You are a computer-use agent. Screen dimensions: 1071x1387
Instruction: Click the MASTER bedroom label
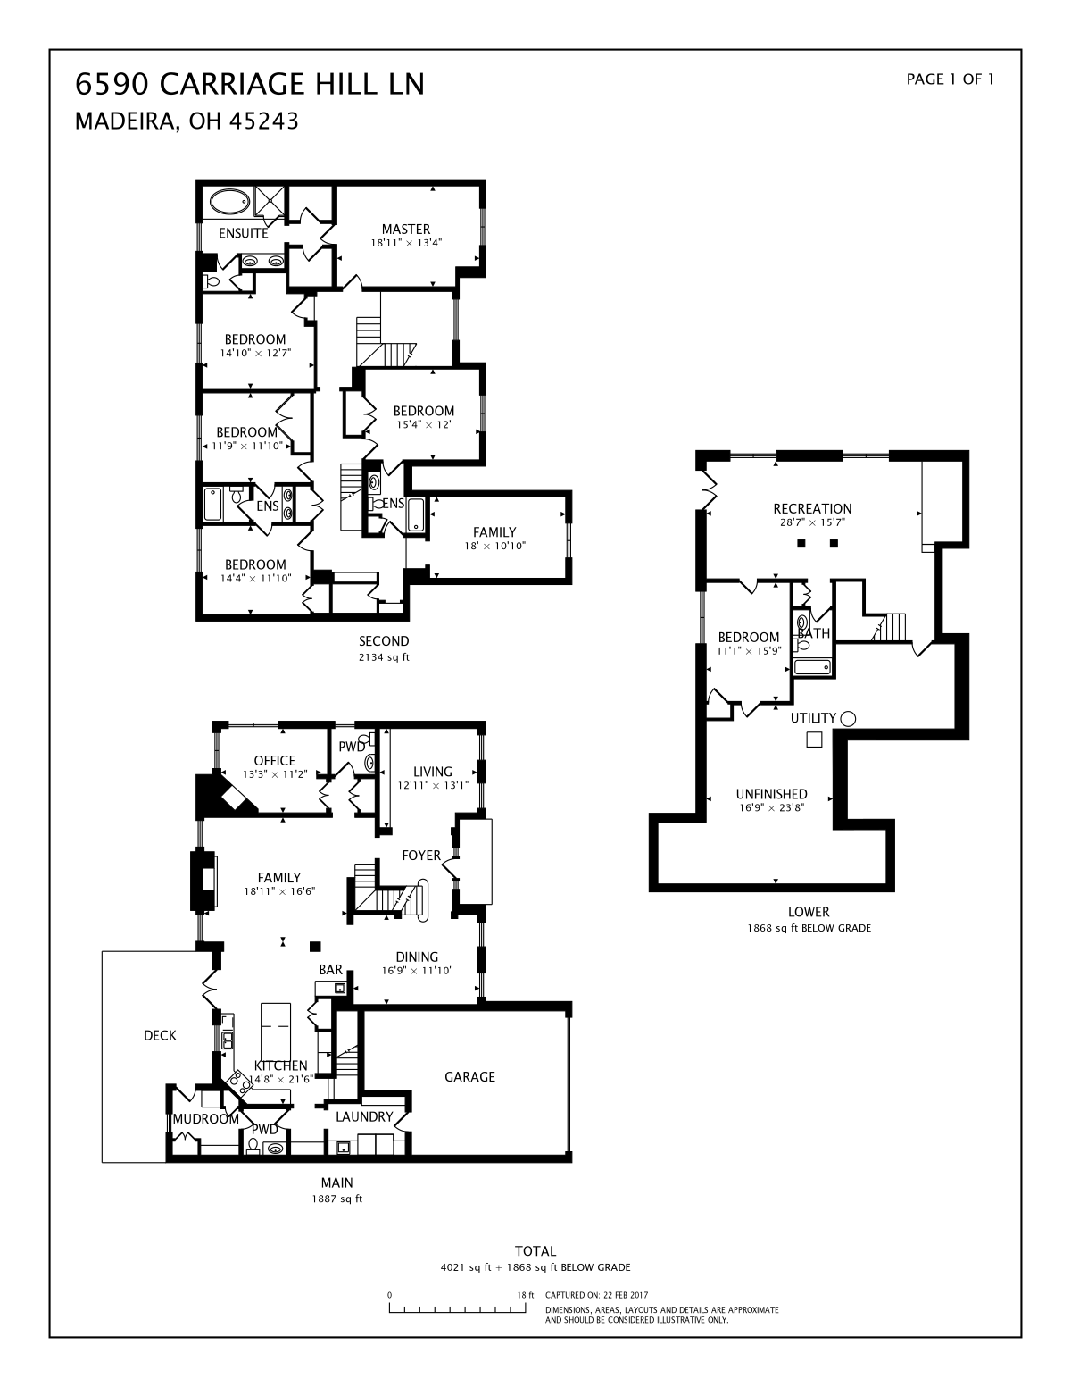click(406, 230)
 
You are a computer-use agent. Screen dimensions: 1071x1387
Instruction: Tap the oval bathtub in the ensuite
click(229, 203)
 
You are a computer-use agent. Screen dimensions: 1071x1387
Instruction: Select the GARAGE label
click(469, 1077)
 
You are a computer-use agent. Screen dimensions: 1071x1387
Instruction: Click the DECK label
click(160, 1035)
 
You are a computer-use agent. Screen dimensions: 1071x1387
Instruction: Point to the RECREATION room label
click(812, 509)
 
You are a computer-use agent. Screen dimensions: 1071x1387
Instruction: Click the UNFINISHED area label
click(771, 794)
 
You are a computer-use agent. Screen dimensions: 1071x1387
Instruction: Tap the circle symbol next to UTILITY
click(848, 719)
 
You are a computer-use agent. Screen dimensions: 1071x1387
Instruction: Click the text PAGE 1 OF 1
click(950, 79)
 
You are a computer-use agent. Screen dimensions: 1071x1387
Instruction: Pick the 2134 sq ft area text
click(384, 657)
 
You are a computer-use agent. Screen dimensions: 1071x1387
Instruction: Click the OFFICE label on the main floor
click(274, 760)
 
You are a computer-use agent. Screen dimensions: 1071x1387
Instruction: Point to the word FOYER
click(421, 856)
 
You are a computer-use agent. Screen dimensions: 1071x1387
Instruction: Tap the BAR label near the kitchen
click(330, 970)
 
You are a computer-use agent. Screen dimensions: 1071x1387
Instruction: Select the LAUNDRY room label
click(364, 1116)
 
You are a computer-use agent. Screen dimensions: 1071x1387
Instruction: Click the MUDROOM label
click(205, 1119)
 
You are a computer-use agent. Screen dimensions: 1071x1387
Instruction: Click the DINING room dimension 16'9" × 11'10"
click(417, 971)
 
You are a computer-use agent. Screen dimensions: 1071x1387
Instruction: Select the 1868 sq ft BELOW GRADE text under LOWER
click(809, 928)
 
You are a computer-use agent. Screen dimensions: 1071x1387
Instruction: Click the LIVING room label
click(433, 772)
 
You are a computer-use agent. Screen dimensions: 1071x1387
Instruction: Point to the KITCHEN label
click(280, 1065)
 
